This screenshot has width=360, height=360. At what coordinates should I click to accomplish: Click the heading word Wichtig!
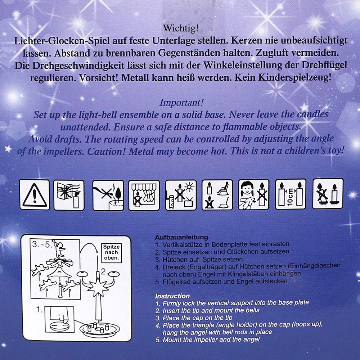click(x=181, y=28)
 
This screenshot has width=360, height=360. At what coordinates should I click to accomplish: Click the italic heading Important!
click(x=181, y=103)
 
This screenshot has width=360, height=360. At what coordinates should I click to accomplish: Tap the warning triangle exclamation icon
click(x=35, y=195)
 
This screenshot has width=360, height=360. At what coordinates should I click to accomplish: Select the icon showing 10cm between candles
click(x=291, y=194)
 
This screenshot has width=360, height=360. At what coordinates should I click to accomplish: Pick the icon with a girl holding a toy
click(x=254, y=194)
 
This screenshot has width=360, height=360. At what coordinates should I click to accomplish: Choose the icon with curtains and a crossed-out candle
click(x=144, y=195)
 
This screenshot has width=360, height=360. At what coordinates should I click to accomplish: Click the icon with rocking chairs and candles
click(x=217, y=195)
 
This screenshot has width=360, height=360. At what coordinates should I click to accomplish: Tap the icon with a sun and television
click(x=181, y=195)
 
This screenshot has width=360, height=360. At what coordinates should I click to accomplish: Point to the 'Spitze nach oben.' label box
click(x=112, y=253)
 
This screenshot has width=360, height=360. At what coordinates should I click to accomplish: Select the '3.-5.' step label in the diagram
click(x=42, y=244)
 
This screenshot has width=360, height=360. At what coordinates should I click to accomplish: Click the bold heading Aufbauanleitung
click(x=181, y=237)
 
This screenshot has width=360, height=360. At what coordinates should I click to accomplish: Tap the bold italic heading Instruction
click(x=172, y=296)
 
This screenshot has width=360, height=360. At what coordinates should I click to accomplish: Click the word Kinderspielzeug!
click(x=295, y=78)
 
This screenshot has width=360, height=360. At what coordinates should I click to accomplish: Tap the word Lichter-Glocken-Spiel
click(x=62, y=41)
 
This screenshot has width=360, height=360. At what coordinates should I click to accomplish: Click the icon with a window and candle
click(x=69, y=195)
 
